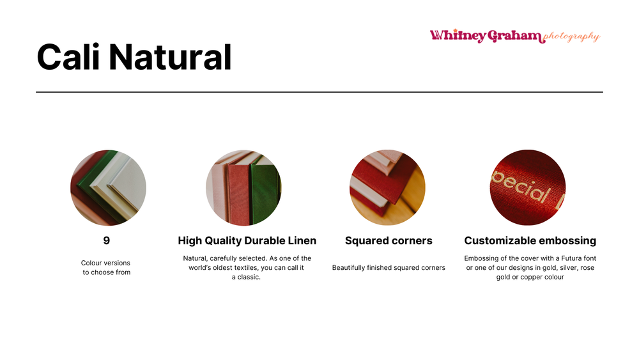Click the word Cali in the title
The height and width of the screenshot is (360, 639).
68,57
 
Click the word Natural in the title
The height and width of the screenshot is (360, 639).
171,57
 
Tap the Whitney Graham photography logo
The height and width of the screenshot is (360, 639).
514,36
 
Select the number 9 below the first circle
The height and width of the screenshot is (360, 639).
106,240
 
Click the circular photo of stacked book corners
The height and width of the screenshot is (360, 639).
109,187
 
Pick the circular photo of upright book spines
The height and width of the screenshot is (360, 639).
243,187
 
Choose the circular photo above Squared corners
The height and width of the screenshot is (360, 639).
388,187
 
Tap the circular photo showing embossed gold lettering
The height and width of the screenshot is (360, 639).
528,187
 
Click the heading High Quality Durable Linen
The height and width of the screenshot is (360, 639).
247,240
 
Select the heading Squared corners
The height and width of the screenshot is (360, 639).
389,240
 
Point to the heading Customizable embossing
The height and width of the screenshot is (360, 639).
530,240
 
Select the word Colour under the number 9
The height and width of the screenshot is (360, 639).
91,263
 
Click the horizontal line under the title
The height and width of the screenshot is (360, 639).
319,92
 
